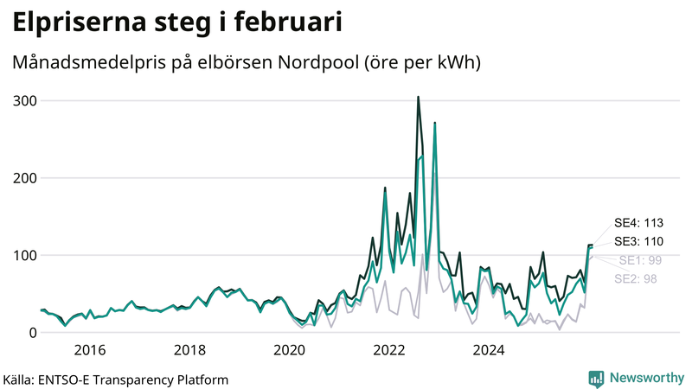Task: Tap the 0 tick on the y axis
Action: click(32, 333)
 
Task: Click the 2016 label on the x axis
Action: click(90, 350)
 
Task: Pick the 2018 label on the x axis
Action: click(189, 350)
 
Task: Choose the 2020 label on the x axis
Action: click(290, 350)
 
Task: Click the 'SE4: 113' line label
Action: click(638, 223)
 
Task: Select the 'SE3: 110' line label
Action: click(638, 241)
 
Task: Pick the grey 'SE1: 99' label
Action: click(640, 260)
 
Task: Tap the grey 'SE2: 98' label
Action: click(636, 278)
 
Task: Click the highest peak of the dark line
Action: click(418, 97)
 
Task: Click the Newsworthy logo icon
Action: click(596, 378)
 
